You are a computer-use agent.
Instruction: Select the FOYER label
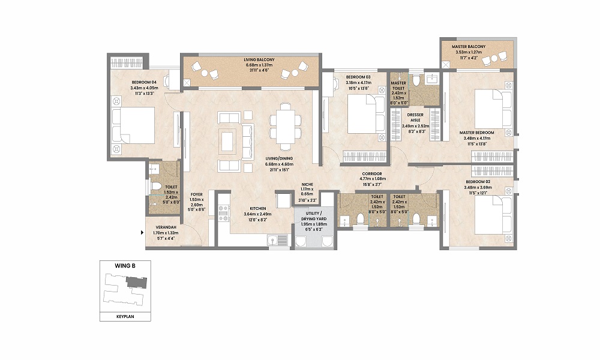point(196,194)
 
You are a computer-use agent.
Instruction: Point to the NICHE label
point(307,185)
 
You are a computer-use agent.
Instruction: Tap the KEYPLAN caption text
point(125,316)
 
